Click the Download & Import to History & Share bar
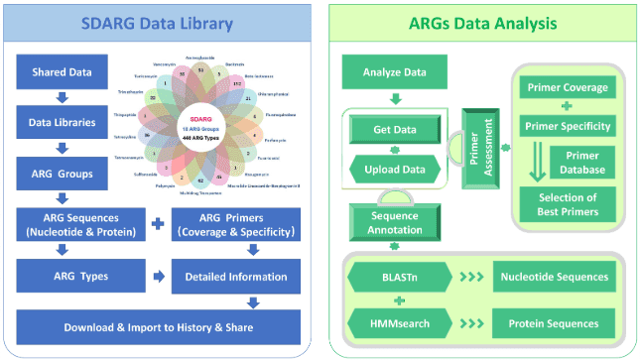tap(159, 326)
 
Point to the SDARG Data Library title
tap(159, 22)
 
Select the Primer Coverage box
tap(569, 86)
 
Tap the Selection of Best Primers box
tap(569, 204)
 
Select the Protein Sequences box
tap(554, 322)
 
